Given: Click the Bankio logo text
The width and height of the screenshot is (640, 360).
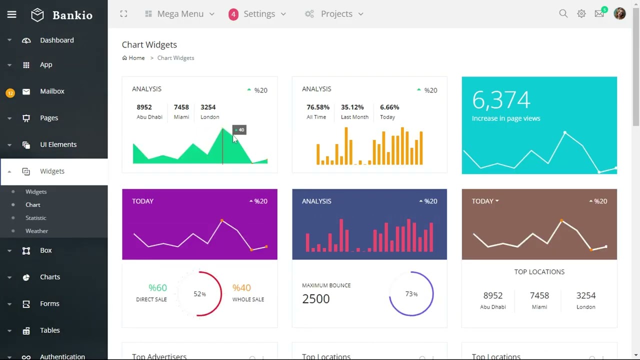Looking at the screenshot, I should point(72,15).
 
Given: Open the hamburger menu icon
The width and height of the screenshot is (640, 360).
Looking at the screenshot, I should point(11,14).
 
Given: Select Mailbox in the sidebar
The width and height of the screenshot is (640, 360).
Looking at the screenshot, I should point(52,91).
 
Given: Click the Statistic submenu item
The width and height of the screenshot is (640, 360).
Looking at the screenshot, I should point(35,218).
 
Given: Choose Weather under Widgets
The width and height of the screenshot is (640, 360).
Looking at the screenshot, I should point(36,231).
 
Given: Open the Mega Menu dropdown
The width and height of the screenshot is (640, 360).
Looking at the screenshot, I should point(180,14).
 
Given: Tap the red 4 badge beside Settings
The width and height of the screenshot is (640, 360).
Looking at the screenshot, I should point(233,14).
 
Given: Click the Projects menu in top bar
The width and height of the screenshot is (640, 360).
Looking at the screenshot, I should point(336,14).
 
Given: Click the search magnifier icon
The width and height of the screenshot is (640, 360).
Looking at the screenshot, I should point(563,14).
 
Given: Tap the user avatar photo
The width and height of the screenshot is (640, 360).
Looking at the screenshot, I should point(619,13).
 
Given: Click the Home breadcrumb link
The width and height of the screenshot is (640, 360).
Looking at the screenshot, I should point(136,58).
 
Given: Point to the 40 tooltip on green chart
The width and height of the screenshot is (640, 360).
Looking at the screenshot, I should point(240,130).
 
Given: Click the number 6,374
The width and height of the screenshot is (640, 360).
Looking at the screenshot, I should point(501,100).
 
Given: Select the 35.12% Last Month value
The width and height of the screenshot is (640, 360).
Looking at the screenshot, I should point(352,107).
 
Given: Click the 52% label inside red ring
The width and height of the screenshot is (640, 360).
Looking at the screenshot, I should point(199,294).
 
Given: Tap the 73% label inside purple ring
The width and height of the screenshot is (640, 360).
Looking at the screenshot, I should point(411,294).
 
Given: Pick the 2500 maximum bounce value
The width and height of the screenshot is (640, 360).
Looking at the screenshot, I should point(316,298).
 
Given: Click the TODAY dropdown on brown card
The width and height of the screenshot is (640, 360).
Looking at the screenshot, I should point(485,201).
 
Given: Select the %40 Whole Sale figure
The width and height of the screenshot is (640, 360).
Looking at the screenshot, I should point(241,287).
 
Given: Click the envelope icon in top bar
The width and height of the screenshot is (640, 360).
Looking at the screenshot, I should point(599,14).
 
